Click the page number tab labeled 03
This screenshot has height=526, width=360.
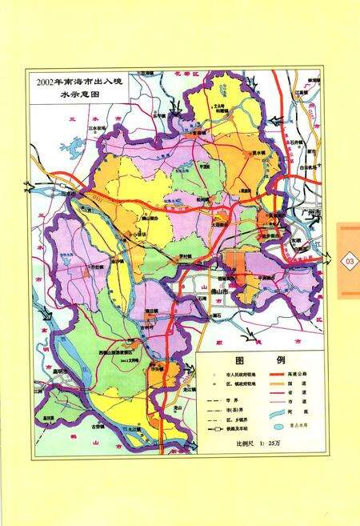(x=349, y=262)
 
